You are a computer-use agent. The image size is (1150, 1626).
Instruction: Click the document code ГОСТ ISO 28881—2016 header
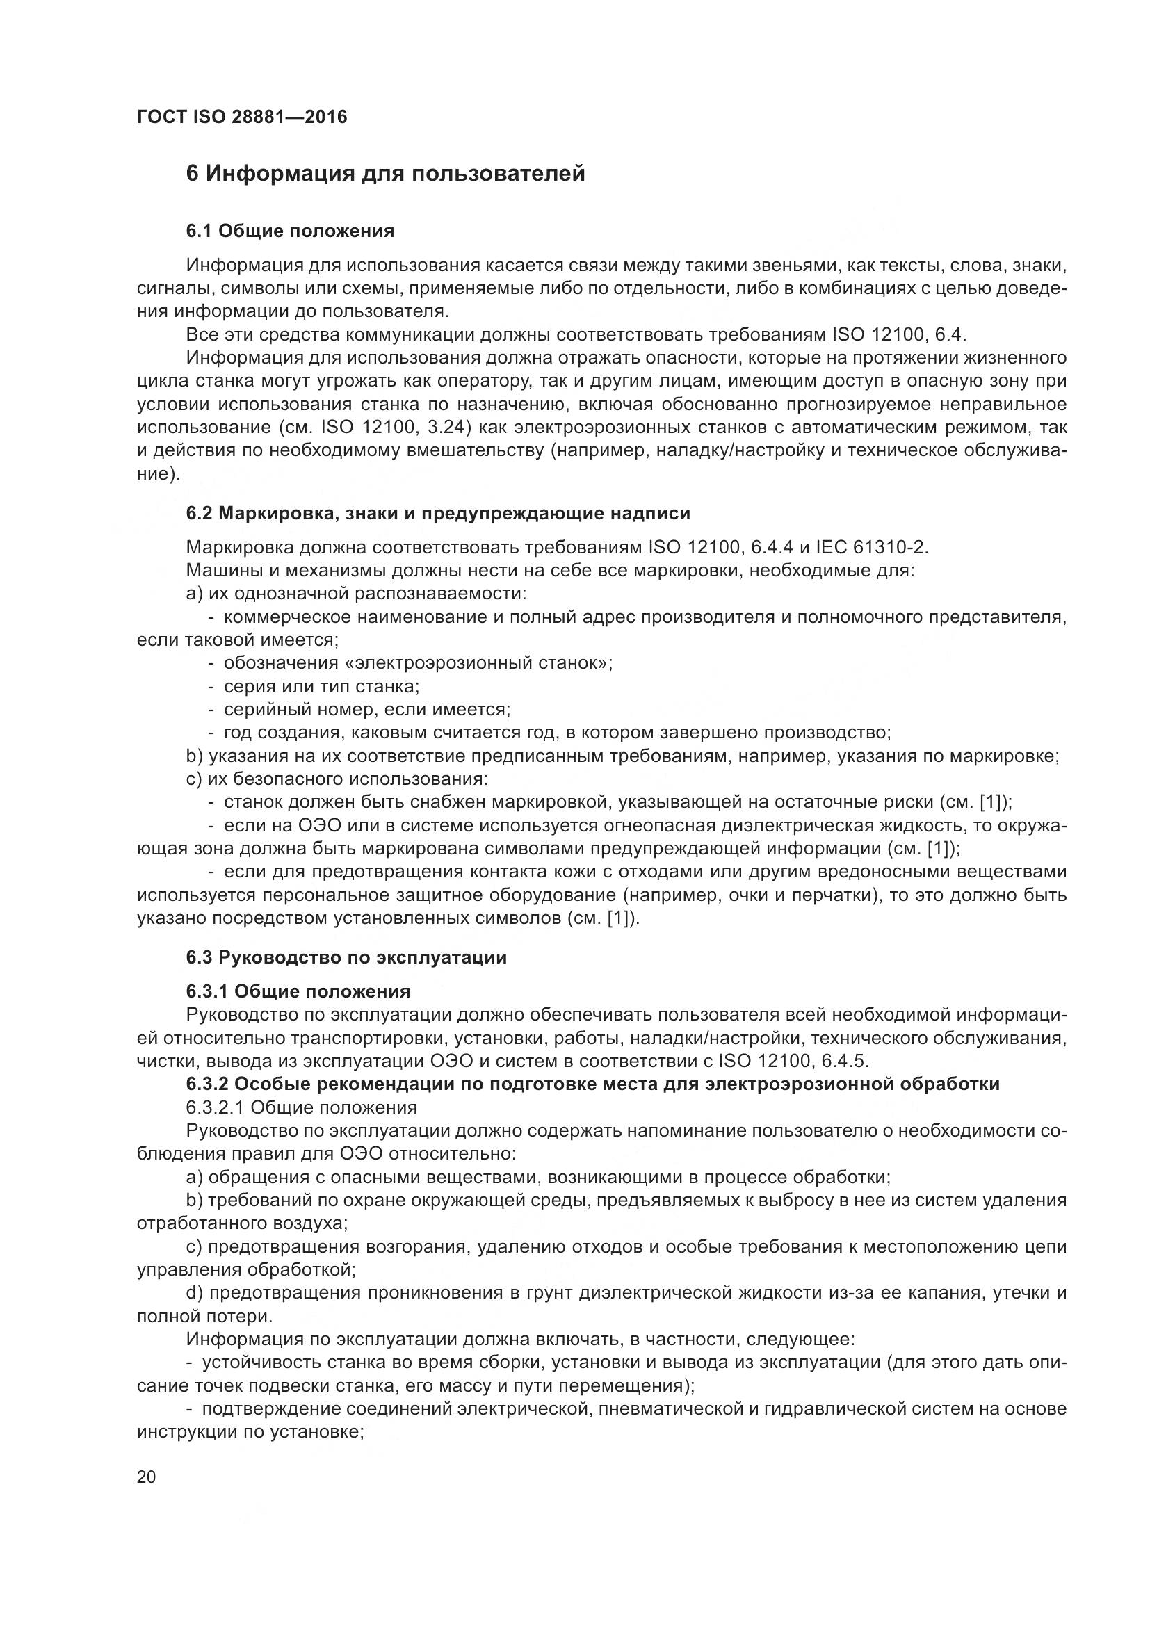click(x=242, y=117)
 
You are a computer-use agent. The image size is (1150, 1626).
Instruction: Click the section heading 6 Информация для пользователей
click(x=385, y=174)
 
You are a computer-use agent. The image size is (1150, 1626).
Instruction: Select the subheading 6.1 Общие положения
click(x=291, y=231)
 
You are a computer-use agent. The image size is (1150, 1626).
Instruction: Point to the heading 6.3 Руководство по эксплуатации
click(x=346, y=958)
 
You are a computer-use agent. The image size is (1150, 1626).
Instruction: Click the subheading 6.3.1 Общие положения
click(x=298, y=991)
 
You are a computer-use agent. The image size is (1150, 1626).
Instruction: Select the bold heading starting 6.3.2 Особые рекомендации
click(x=592, y=1084)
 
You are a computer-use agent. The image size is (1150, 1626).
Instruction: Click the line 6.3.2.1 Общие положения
click(x=301, y=1107)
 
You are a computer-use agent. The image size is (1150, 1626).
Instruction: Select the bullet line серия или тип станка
click(x=321, y=687)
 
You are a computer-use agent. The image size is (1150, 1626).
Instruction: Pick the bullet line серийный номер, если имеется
click(x=367, y=710)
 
